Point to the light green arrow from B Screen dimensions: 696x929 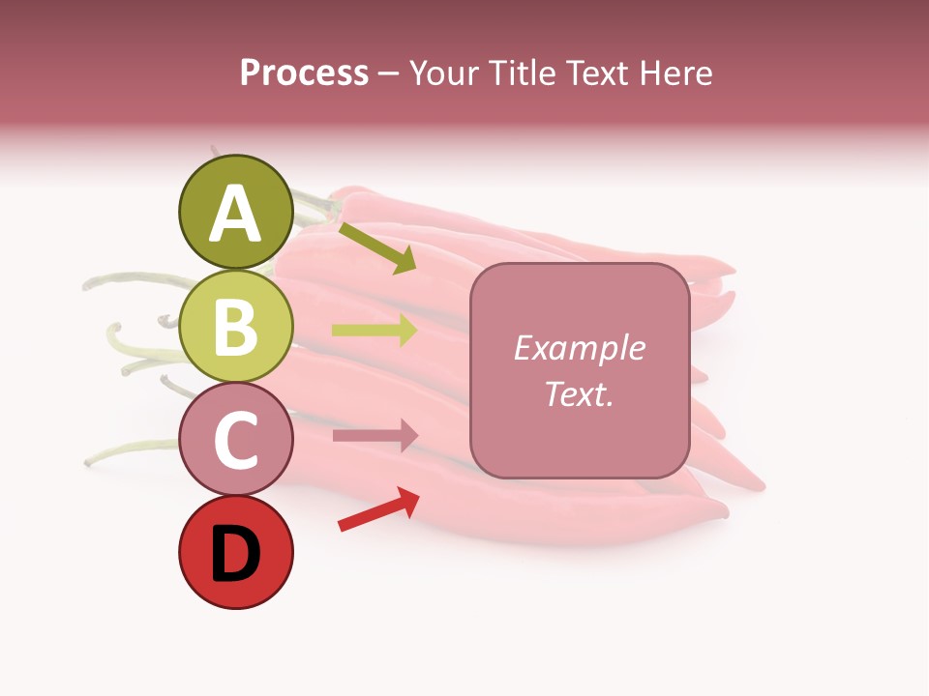pos(375,330)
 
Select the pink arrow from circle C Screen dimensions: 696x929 pos(375,435)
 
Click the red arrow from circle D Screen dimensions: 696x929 pos(378,509)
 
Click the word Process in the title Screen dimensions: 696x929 pos(304,72)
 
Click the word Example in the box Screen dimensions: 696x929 pos(579,348)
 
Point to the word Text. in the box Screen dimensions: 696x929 pos(579,394)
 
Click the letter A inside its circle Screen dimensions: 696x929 pos(235,214)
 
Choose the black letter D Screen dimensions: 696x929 pos(235,555)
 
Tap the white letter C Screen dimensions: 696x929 pos(235,440)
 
